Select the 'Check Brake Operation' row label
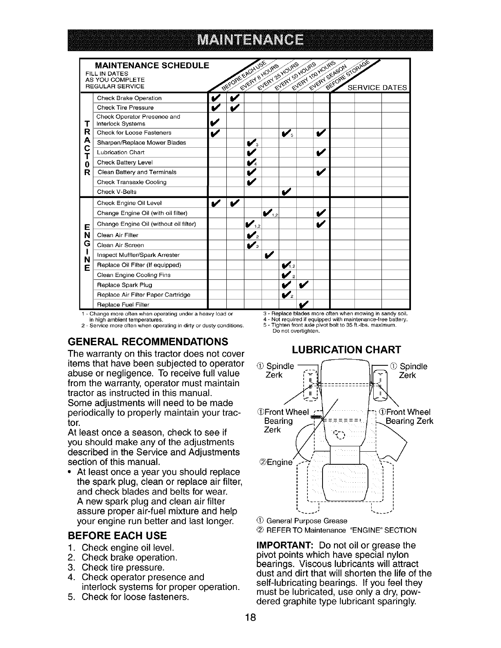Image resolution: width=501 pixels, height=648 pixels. [x=129, y=98]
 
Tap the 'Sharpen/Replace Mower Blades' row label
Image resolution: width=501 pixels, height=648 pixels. [x=141, y=143]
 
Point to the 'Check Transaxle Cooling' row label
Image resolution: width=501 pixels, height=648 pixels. [x=131, y=182]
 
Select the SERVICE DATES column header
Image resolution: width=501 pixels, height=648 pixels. [x=377, y=88]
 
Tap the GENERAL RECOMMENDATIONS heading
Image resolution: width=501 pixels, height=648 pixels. [x=148, y=342]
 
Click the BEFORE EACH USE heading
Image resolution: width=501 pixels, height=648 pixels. [x=117, y=535]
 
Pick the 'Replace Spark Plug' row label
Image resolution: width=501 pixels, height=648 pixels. [x=124, y=285]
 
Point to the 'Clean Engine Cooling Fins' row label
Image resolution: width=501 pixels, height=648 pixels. [x=133, y=275]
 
